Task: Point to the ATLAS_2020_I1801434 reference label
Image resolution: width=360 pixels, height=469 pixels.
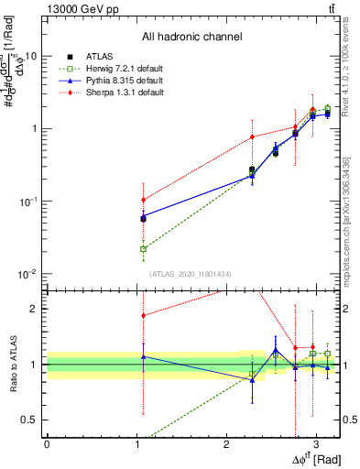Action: (191, 274)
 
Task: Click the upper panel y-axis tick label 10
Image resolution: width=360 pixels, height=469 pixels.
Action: (30, 56)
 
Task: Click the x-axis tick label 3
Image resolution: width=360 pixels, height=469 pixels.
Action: (315, 444)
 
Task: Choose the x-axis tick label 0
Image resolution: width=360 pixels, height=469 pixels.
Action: (47, 444)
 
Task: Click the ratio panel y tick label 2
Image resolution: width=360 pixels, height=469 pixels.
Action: (35, 309)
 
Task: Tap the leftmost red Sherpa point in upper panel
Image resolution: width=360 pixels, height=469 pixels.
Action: (143, 200)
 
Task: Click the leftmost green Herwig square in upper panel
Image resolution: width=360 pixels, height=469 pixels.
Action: (143, 248)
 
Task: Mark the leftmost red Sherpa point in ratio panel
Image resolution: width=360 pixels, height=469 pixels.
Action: (143, 316)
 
